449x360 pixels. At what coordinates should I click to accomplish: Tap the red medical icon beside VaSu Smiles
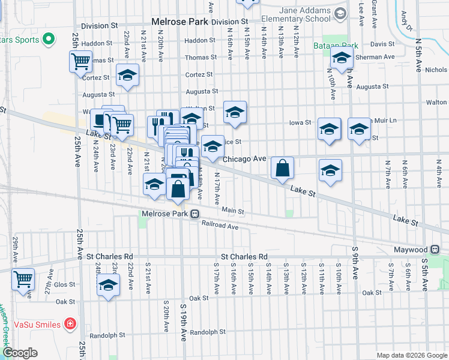pyautogui.click(x=70, y=325)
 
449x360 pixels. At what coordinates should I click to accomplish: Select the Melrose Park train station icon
pyautogui.click(x=195, y=214)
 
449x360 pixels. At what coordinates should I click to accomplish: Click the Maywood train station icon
pyautogui.click(x=435, y=249)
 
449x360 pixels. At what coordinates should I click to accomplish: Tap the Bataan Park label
pyautogui.click(x=335, y=45)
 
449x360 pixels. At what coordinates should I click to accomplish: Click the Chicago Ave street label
pyautogui.click(x=244, y=159)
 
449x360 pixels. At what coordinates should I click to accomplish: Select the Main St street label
pyautogui.click(x=233, y=211)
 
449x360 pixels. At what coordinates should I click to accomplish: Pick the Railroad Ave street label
pyautogui.click(x=220, y=227)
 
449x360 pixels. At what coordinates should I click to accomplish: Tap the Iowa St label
pyautogui.click(x=300, y=122)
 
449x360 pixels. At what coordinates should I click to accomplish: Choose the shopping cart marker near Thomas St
pyautogui.click(x=80, y=61)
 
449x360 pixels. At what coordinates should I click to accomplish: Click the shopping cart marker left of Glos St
pyautogui.click(x=23, y=279)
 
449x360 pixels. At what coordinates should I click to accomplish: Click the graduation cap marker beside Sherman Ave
pyautogui.click(x=341, y=59)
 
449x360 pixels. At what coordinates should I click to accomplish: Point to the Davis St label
pyautogui.click(x=382, y=44)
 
